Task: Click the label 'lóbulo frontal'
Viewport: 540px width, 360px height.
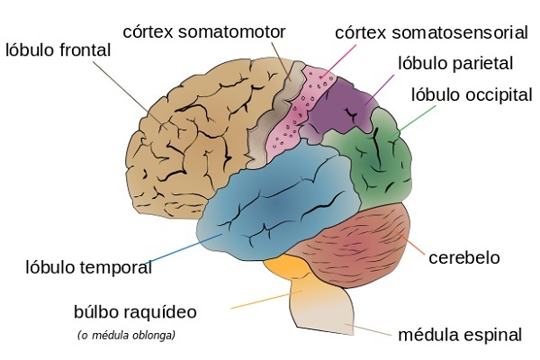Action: pos(58,50)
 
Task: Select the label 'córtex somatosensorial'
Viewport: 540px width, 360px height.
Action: pos(430,32)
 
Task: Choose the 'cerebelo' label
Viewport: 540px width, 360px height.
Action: pos(464,257)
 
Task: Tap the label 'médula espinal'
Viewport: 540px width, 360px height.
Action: pos(459,336)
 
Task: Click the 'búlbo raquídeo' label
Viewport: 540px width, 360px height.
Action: pos(134,312)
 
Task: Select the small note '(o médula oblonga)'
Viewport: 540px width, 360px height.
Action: pos(126,336)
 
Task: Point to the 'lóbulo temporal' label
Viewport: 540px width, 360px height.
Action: pos(88,267)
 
